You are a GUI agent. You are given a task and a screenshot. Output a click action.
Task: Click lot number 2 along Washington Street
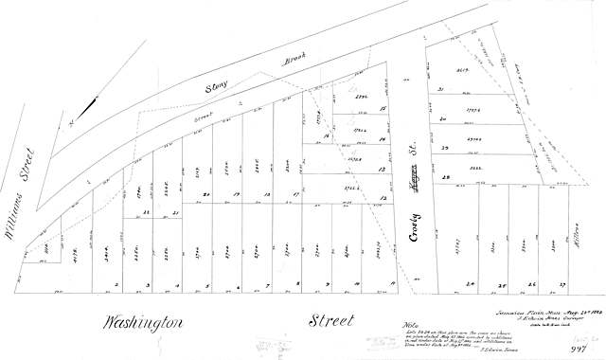tap(116, 284)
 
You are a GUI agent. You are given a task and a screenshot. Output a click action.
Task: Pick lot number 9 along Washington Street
tap(328, 284)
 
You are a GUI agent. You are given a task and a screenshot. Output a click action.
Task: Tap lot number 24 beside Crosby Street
tap(471, 283)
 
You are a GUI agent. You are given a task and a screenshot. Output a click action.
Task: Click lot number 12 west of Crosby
tap(383, 197)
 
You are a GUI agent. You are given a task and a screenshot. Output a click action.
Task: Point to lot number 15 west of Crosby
tap(383, 110)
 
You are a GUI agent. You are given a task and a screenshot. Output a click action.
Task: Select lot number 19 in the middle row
tap(236, 195)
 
